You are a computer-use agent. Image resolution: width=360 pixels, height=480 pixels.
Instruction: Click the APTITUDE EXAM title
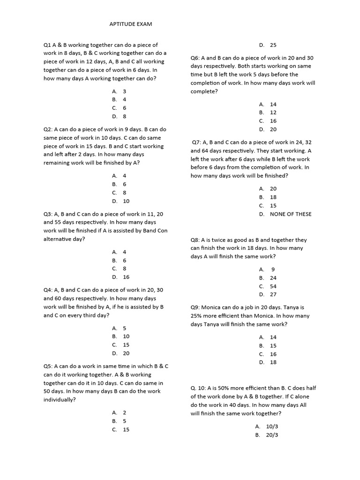point(131,23)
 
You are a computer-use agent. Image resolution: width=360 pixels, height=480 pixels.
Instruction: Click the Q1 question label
point(47,45)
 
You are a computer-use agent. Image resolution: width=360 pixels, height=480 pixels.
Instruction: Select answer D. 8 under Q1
point(120,116)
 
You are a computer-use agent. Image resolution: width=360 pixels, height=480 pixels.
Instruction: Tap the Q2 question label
point(47,129)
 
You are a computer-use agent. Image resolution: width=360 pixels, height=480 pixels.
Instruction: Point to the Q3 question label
point(47,214)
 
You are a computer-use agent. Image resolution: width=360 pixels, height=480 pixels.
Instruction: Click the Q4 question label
point(47,290)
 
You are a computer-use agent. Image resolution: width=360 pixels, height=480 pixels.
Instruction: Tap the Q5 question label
point(47,366)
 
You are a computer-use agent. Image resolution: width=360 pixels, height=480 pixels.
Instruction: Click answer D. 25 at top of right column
point(268,45)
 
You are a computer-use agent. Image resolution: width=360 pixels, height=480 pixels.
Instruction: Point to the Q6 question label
point(195,58)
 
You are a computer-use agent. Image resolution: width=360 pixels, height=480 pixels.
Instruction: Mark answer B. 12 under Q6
point(268,112)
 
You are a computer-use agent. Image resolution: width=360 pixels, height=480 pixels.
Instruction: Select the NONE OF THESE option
point(290,214)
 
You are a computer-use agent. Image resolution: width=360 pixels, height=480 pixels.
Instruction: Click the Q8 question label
point(195,240)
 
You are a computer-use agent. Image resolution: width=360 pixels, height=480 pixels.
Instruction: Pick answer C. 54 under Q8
point(268,286)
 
